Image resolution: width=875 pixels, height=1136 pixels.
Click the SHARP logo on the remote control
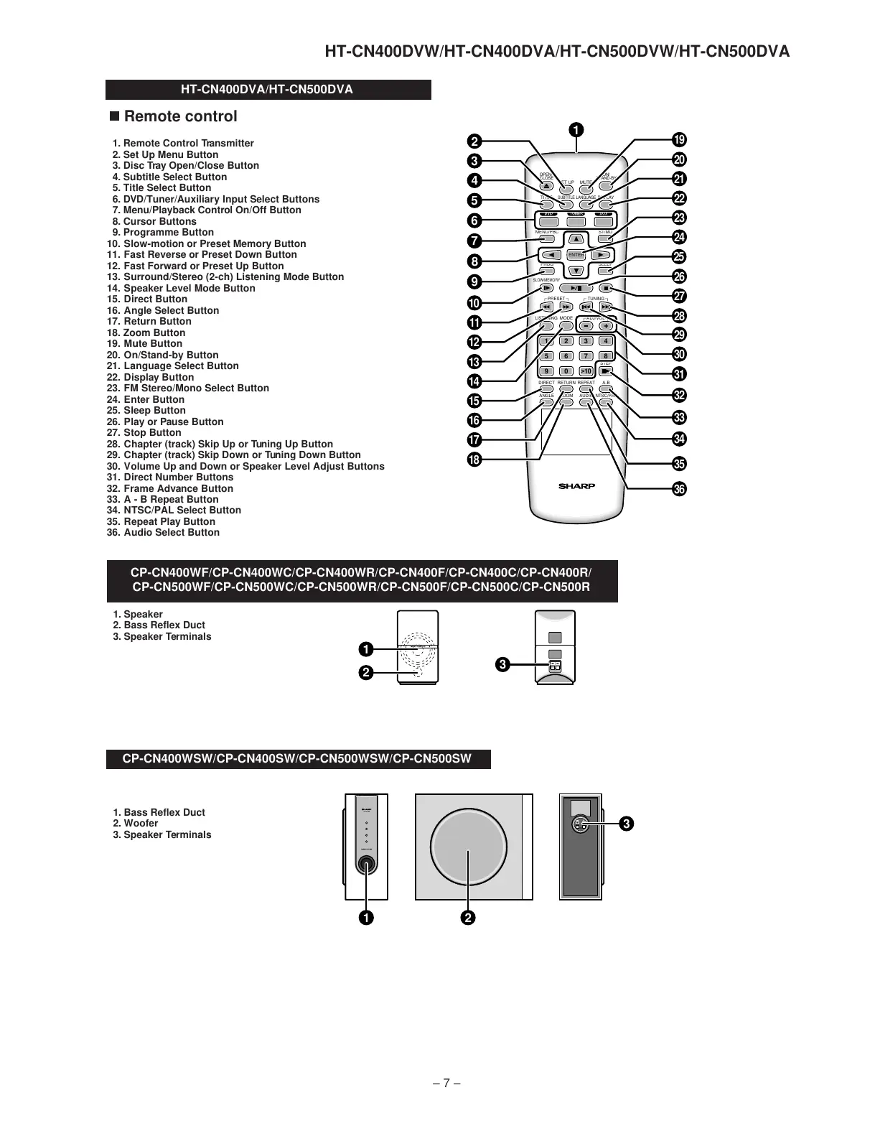(576, 486)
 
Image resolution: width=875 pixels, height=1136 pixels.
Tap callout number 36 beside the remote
(679, 489)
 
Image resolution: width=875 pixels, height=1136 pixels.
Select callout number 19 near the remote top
(679, 140)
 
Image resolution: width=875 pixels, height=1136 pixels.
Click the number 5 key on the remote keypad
(546, 356)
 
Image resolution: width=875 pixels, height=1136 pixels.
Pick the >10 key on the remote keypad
(586, 371)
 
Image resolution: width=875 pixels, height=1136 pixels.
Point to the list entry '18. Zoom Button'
(146, 332)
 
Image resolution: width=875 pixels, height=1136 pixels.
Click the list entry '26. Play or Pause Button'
(165, 422)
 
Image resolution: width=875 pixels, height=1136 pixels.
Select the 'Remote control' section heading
(180, 116)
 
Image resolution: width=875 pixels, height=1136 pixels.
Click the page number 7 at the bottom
(446, 1083)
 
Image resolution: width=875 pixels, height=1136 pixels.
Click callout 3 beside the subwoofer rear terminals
(627, 824)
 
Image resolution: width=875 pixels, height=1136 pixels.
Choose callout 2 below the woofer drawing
(468, 918)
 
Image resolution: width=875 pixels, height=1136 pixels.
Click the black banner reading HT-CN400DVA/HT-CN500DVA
(268, 90)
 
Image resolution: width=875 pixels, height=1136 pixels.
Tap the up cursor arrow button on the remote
(576, 239)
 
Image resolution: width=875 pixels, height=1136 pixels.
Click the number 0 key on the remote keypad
(566, 371)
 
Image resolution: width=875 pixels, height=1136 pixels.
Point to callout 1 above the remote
(576, 130)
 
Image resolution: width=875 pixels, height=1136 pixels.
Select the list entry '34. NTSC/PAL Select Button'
(174, 510)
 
